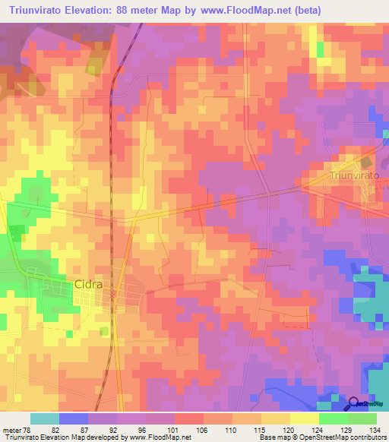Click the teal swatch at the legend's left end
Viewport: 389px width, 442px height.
click(x=45, y=418)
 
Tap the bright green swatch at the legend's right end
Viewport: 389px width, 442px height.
click(x=362, y=418)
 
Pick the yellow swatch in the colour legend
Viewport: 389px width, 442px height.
click(x=305, y=418)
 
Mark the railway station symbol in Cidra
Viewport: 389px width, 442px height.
click(x=112, y=293)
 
